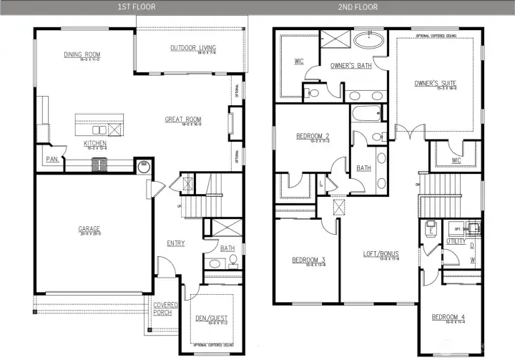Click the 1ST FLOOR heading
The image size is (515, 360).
(136, 7)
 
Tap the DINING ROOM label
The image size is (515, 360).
(82, 54)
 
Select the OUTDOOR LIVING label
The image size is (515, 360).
(193, 49)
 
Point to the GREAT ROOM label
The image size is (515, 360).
(183, 120)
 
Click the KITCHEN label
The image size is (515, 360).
(95, 143)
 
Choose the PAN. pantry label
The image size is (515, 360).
(52, 160)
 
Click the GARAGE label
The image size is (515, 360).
(89, 230)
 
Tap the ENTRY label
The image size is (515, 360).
(175, 243)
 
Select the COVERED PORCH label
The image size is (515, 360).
(165, 308)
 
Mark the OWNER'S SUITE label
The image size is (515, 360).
(435, 84)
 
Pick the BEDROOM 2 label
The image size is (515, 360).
(313, 136)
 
